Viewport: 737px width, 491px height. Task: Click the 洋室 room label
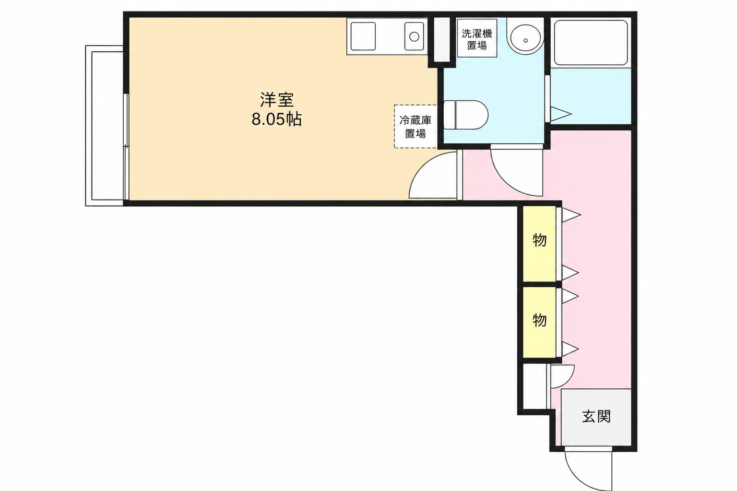[277, 100]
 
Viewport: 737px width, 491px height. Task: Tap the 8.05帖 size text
[277, 119]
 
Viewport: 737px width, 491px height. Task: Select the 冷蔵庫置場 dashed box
[416, 127]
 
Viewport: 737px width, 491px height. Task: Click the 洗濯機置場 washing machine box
[477, 39]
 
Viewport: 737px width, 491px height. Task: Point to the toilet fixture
[465, 115]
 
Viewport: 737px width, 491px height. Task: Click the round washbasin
[525, 36]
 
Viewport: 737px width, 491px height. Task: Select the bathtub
[591, 43]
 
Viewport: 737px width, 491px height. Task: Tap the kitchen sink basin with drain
[414, 36]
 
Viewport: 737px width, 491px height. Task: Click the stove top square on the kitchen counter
[363, 36]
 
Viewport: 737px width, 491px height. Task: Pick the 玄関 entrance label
[596, 416]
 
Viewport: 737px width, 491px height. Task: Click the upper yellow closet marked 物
[540, 244]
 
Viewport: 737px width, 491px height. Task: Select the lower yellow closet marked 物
[540, 322]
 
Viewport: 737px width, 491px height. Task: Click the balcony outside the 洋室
[105, 126]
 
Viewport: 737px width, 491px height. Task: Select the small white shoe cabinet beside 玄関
[535, 386]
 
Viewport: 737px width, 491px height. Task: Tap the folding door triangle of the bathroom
[560, 114]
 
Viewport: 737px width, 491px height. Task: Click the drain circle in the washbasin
[525, 40]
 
